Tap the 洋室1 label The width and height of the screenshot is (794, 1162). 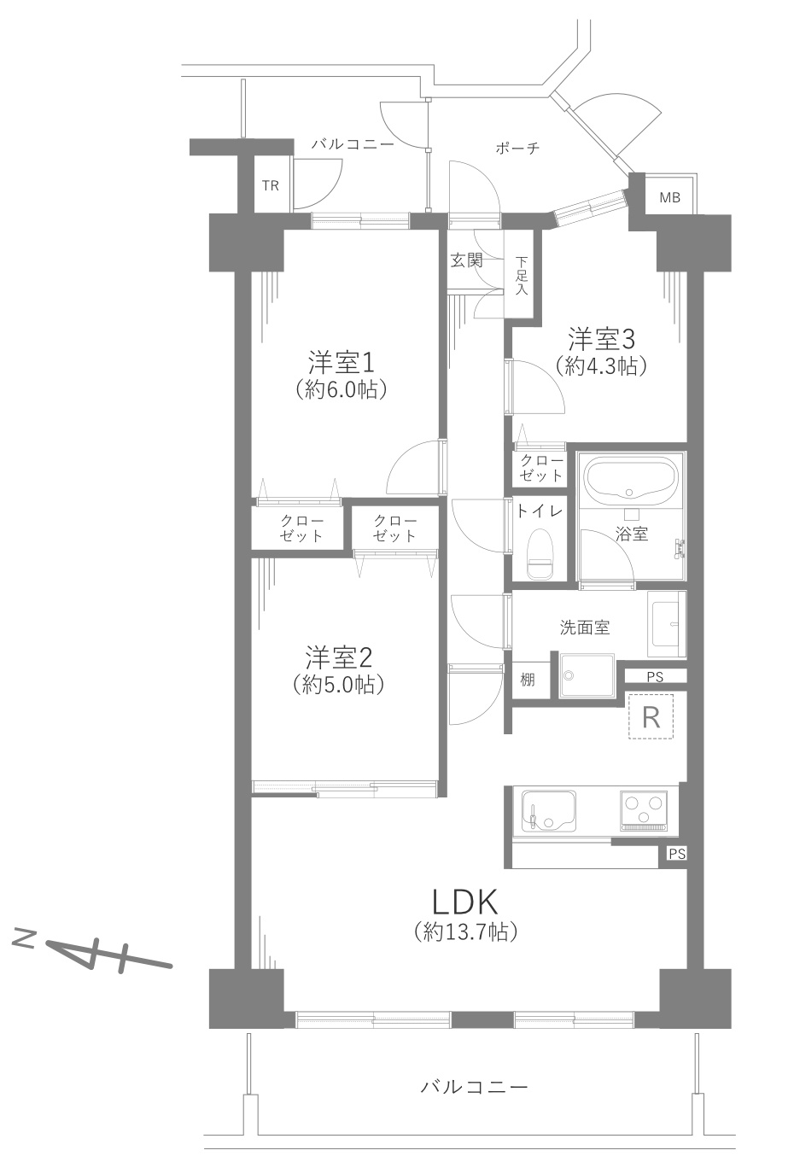[342, 362]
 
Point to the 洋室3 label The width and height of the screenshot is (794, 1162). [602, 339]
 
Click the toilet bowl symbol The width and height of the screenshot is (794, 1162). [540, 555]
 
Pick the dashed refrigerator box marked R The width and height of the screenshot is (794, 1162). [651, 716]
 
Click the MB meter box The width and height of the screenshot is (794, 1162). [670, 197]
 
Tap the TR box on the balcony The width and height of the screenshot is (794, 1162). [270, 185]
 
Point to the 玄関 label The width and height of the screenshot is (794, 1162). [466, 260]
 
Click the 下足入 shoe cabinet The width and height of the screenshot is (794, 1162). [522, 275]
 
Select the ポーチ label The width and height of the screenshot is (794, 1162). [517, 149]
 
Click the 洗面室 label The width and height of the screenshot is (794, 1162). [585, 628]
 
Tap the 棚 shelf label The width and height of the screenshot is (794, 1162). [528, 680]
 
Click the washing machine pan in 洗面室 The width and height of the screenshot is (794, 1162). [587, 675]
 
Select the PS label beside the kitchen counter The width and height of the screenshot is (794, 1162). [676, 853]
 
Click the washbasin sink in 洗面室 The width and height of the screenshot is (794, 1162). [667, 623]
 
